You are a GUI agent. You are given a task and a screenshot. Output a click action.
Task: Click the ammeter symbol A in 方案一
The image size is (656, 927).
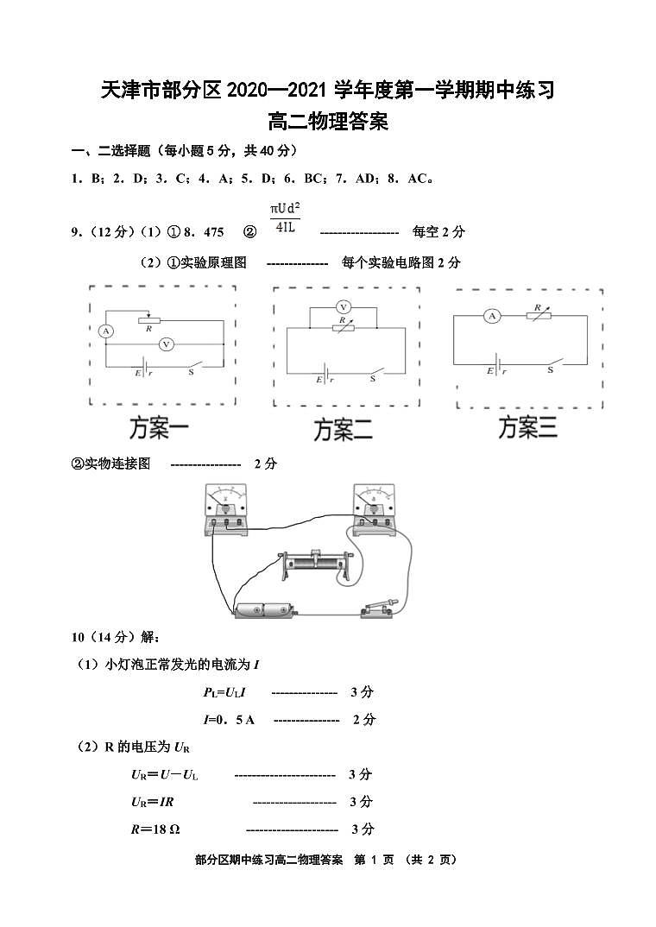[106, 331]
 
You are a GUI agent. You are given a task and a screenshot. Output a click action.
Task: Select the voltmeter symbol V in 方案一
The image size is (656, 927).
[167, 344]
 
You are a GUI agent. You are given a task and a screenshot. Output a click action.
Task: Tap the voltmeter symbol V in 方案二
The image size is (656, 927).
[343, 306]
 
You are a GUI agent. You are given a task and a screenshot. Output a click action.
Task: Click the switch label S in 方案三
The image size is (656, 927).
[550, 370]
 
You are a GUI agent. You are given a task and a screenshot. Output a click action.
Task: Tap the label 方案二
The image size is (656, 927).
[343, 429]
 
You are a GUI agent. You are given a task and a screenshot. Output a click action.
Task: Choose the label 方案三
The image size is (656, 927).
[528, 426]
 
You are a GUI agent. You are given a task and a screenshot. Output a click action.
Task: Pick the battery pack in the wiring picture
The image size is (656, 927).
[265, 610]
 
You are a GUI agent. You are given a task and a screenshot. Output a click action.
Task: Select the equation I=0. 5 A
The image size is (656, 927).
[229, 719]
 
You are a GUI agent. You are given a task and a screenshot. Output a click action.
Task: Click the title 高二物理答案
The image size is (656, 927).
[328, 122]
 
